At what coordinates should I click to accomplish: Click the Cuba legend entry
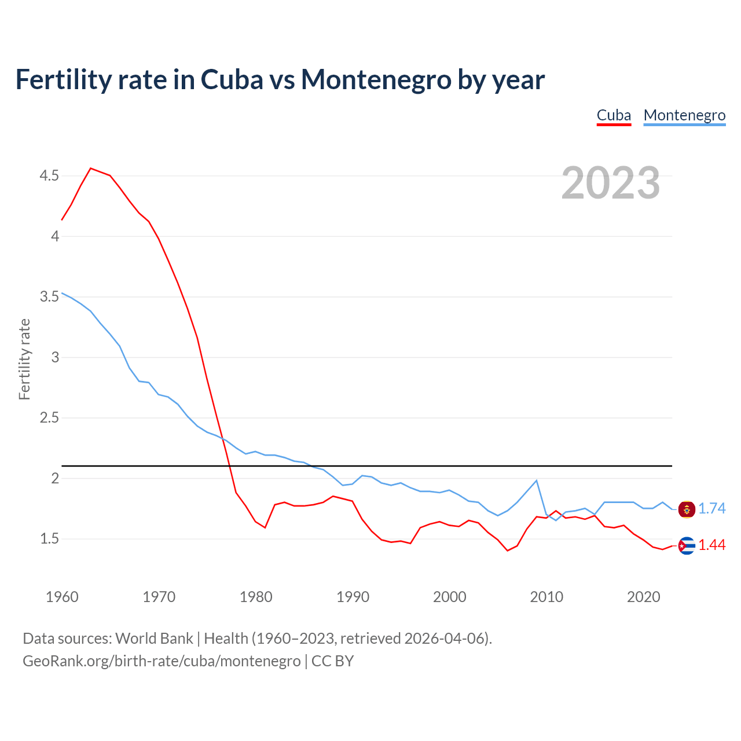click(614, 115)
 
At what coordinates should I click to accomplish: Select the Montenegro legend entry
click(684, 115)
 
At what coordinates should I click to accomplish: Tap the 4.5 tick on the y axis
click(49, 175)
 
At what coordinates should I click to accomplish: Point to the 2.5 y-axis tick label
click(49, 418)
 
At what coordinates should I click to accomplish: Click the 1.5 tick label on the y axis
click(49, 539)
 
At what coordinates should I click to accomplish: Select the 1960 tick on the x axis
click(62, 597)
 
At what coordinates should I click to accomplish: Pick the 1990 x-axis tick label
click(353, 597)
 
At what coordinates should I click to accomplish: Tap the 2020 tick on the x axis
click(643, 597)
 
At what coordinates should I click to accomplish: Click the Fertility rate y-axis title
click(24, 359)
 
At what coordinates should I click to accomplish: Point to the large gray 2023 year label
click(611, 183)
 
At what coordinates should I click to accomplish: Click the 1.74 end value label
click(711, 508)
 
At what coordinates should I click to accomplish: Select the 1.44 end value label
click(711, 545)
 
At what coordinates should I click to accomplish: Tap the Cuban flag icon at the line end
click(687, 545)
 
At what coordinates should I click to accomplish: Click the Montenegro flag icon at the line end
click(687, 509)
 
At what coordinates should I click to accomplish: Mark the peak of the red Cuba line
click(91, 168)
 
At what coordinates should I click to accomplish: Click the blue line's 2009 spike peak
click(537, 480)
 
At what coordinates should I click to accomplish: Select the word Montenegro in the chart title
click(376, 79)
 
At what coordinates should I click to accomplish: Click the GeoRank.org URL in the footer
click(162, 661)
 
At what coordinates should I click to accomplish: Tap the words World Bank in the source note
click(154, 638)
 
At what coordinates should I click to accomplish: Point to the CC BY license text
click(332, 661)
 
